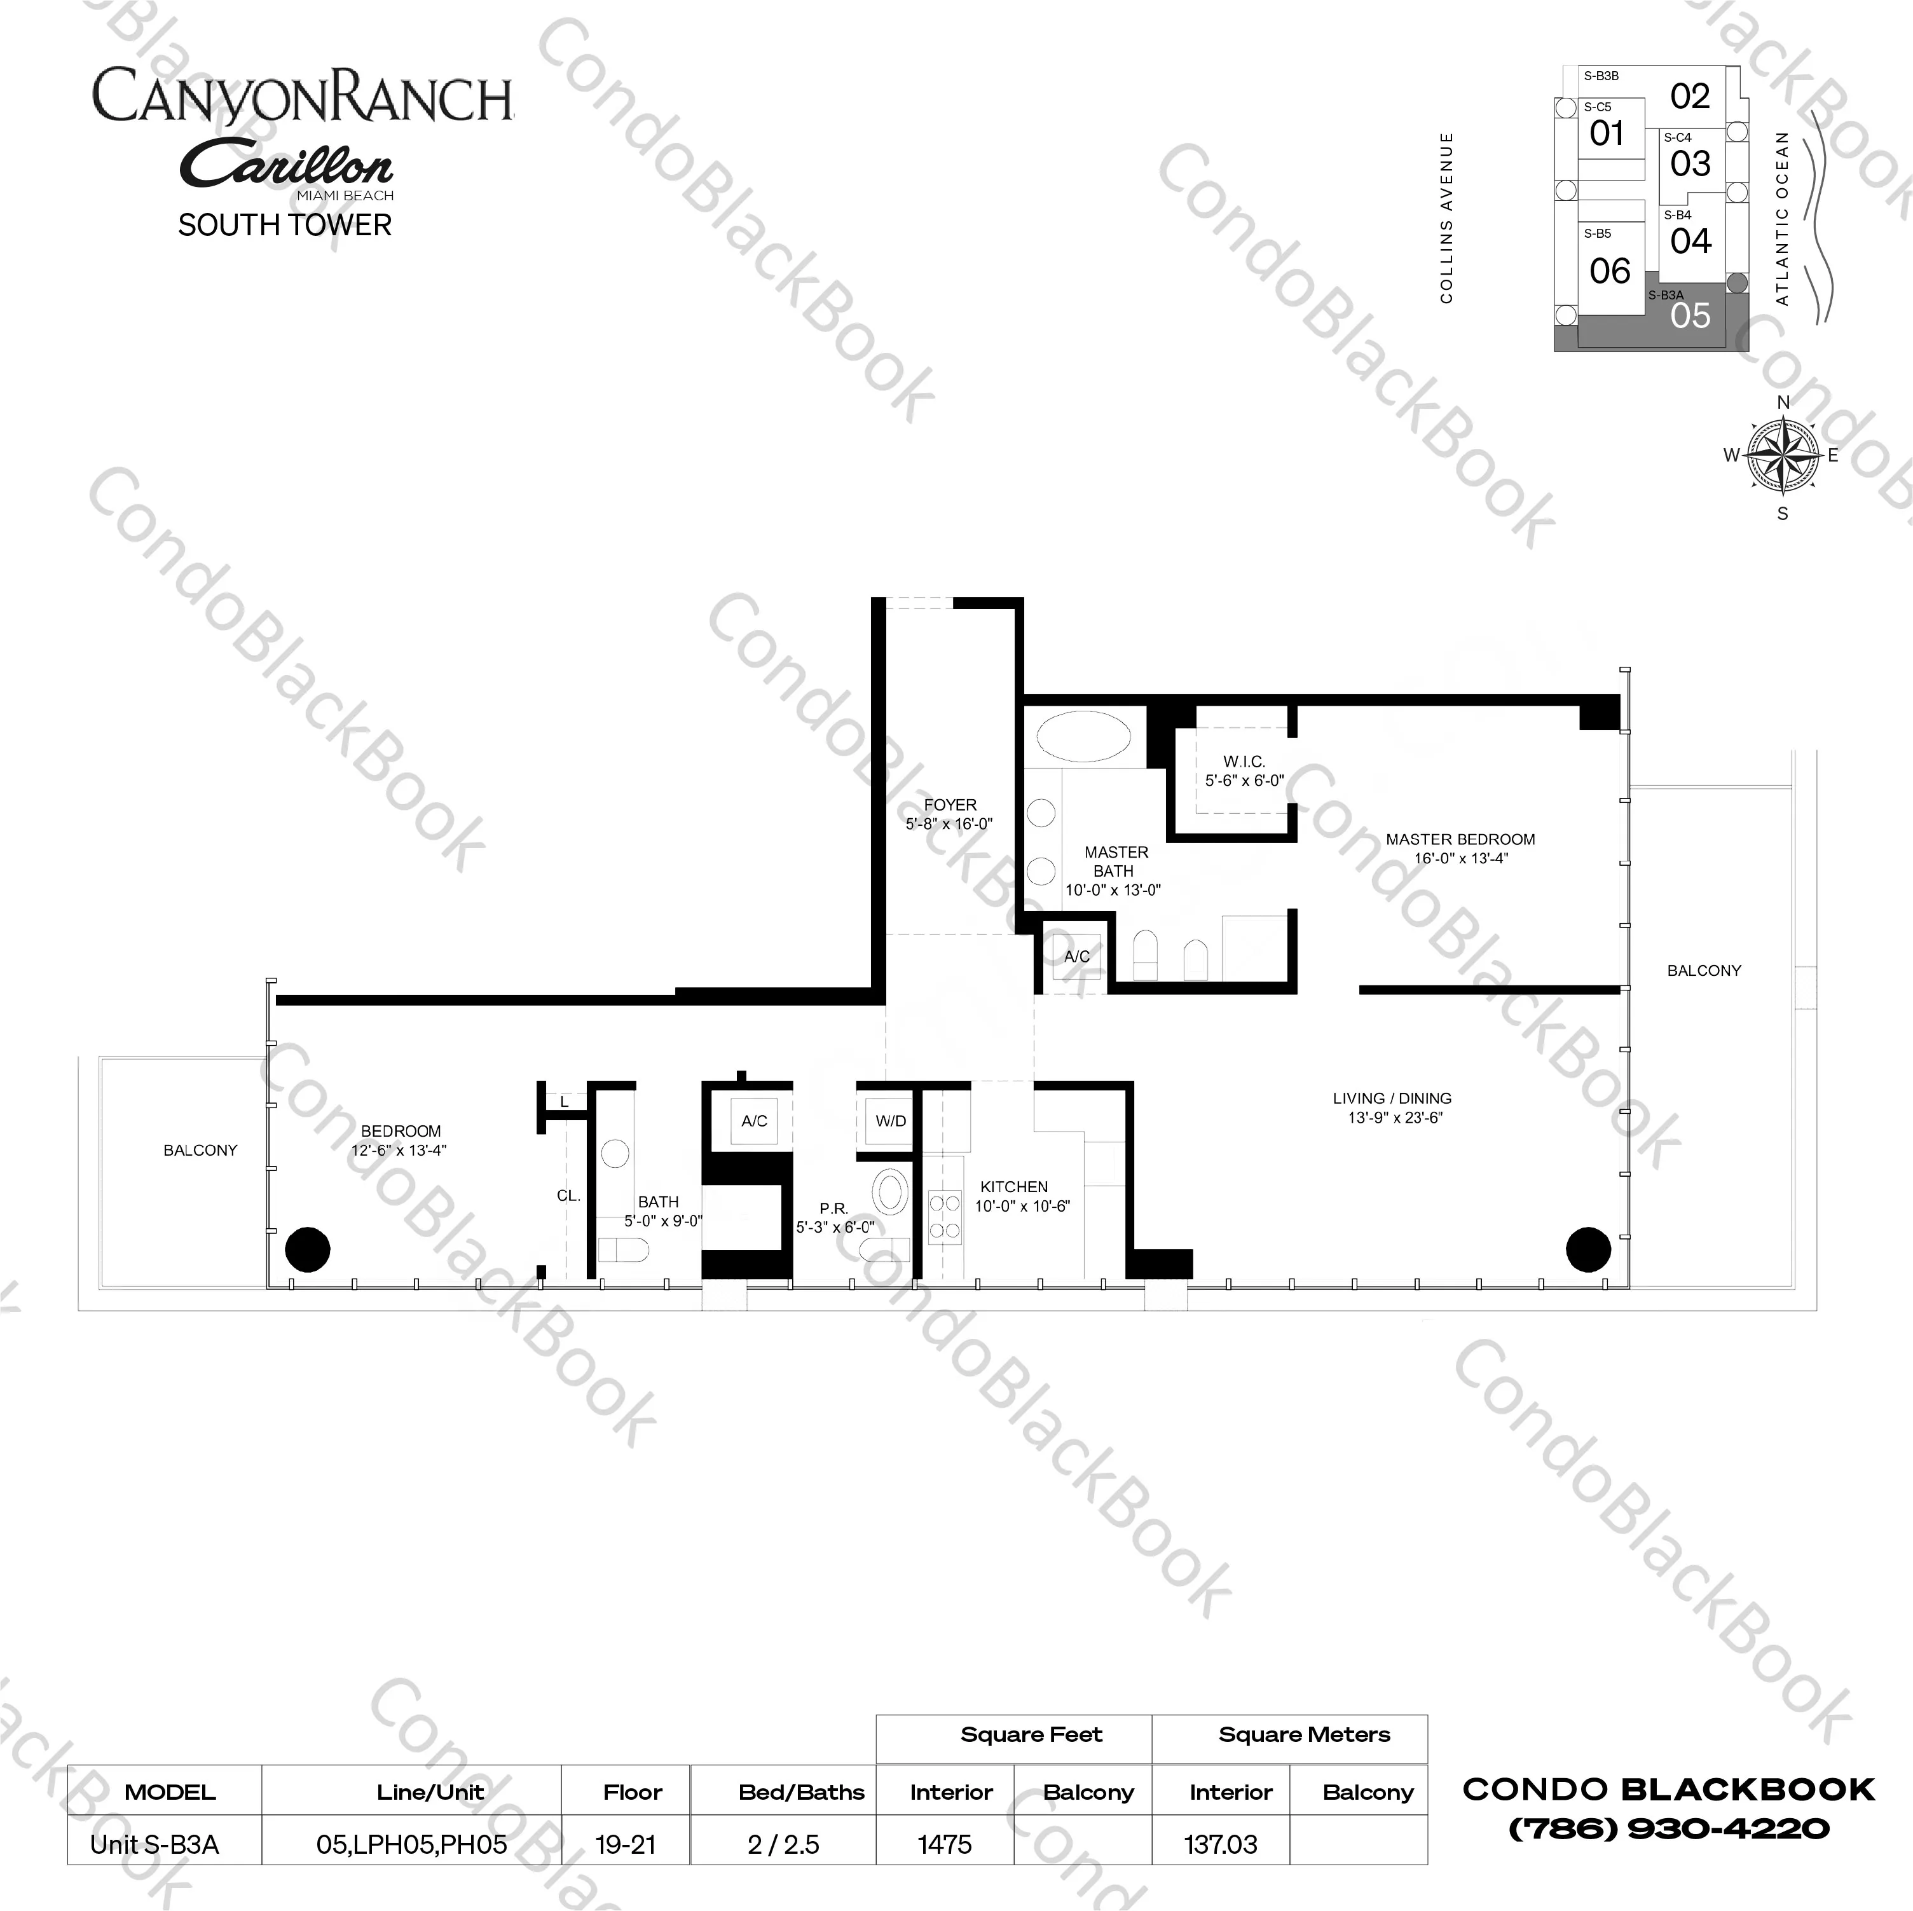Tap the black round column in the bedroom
pos(307,1250)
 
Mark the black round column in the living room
pos(1588,1250)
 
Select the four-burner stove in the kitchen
pos(945,1217)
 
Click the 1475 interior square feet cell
pos(945,1844)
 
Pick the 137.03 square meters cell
pos(1221,1844)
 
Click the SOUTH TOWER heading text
pos(285,226)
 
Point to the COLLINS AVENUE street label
pos(1446,218)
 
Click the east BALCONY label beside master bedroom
pos(1704,970)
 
